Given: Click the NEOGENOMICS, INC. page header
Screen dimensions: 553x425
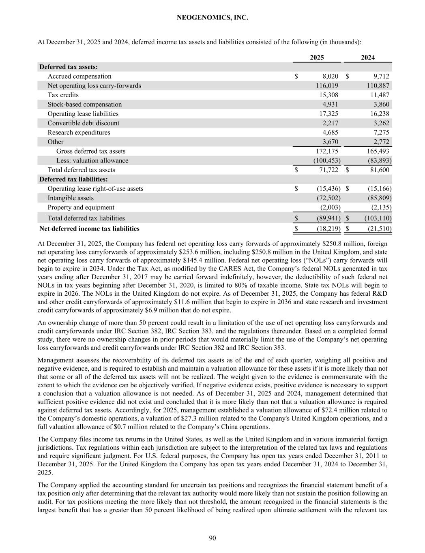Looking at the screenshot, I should [x=212, y=18].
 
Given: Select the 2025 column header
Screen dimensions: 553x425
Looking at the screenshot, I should [x=317, y=58].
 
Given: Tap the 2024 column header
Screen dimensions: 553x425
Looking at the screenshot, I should [x=368, y=58].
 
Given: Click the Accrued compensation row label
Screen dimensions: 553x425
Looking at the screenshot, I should [x=79, y=76].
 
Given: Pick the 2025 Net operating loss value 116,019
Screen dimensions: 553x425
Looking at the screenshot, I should [x=327, y=85].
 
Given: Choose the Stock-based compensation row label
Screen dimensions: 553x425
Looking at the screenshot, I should [x=85, y=104].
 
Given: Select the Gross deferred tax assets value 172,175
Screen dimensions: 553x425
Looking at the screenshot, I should [x=327, y=151].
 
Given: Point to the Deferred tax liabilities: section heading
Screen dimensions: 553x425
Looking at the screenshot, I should [x=73, y=179].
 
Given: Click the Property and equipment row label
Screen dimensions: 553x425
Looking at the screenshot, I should [x=81, y=207].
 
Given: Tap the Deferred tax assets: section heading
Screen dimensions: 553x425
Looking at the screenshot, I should [x=69, y=67].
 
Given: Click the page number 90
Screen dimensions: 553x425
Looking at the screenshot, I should [x=212, y=538].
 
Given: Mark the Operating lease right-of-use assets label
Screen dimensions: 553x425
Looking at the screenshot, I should [x=95, y=188].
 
